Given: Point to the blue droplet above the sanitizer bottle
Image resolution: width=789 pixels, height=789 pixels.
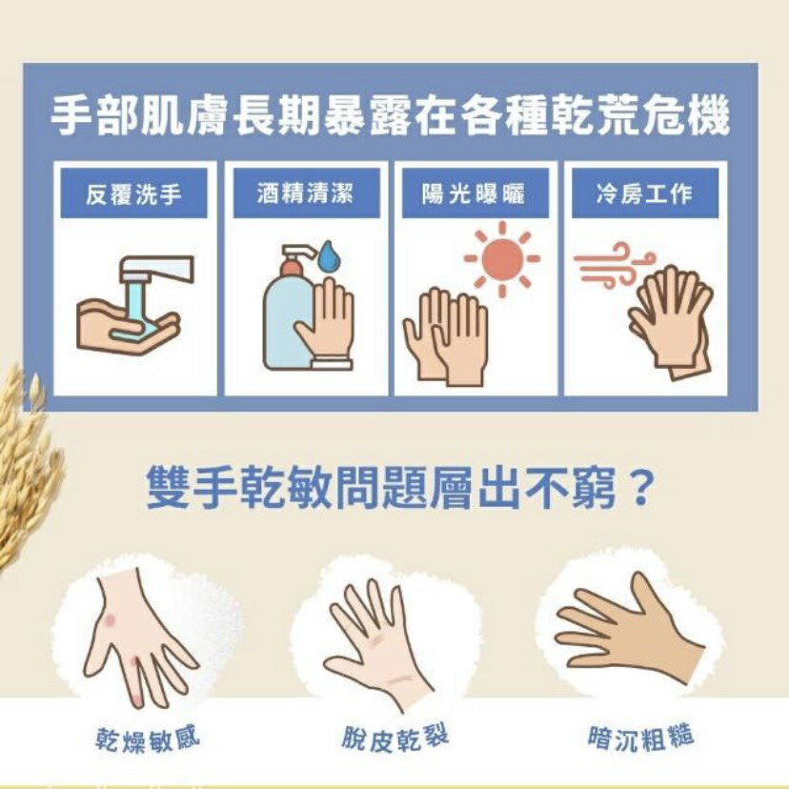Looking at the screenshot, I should click(329, 255).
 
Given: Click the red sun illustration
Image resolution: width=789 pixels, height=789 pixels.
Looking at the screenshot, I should click(502, 258).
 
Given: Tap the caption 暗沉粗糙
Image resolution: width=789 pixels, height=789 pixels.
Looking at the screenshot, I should click(640, 738).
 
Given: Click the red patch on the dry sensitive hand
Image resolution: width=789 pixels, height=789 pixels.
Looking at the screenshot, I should click(112, 621).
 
